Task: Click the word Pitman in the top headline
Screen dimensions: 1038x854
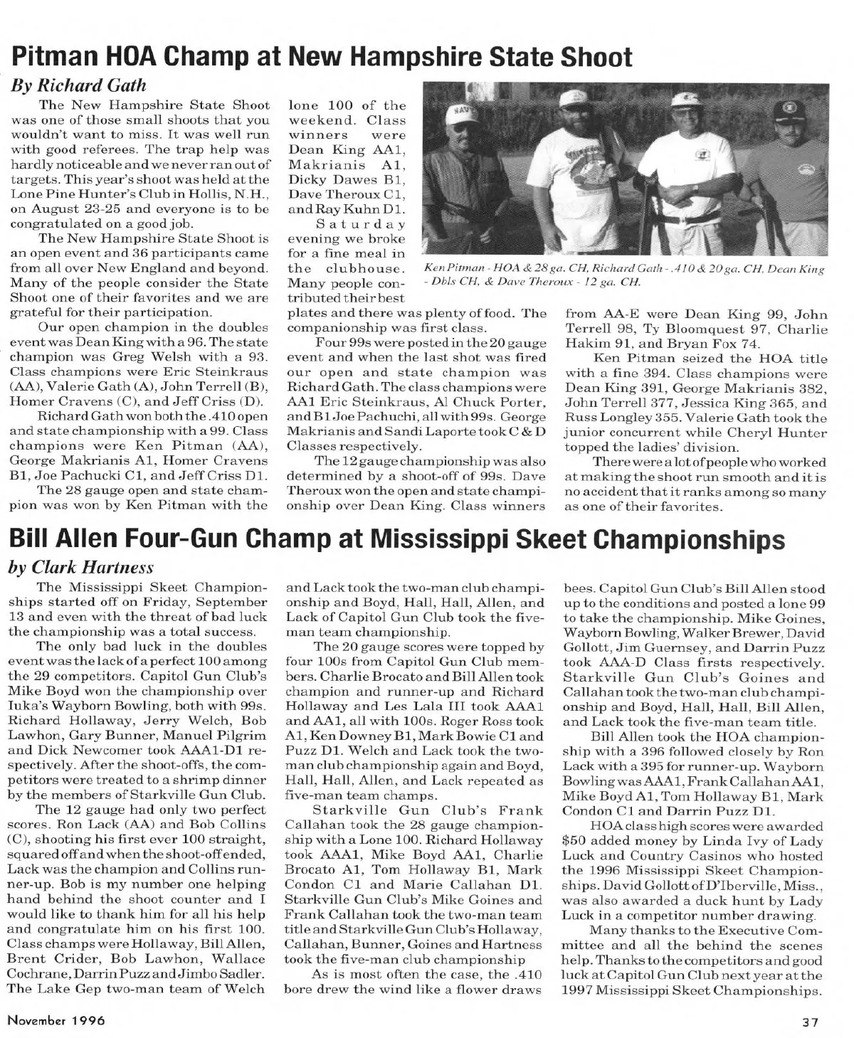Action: pos(57,57)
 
